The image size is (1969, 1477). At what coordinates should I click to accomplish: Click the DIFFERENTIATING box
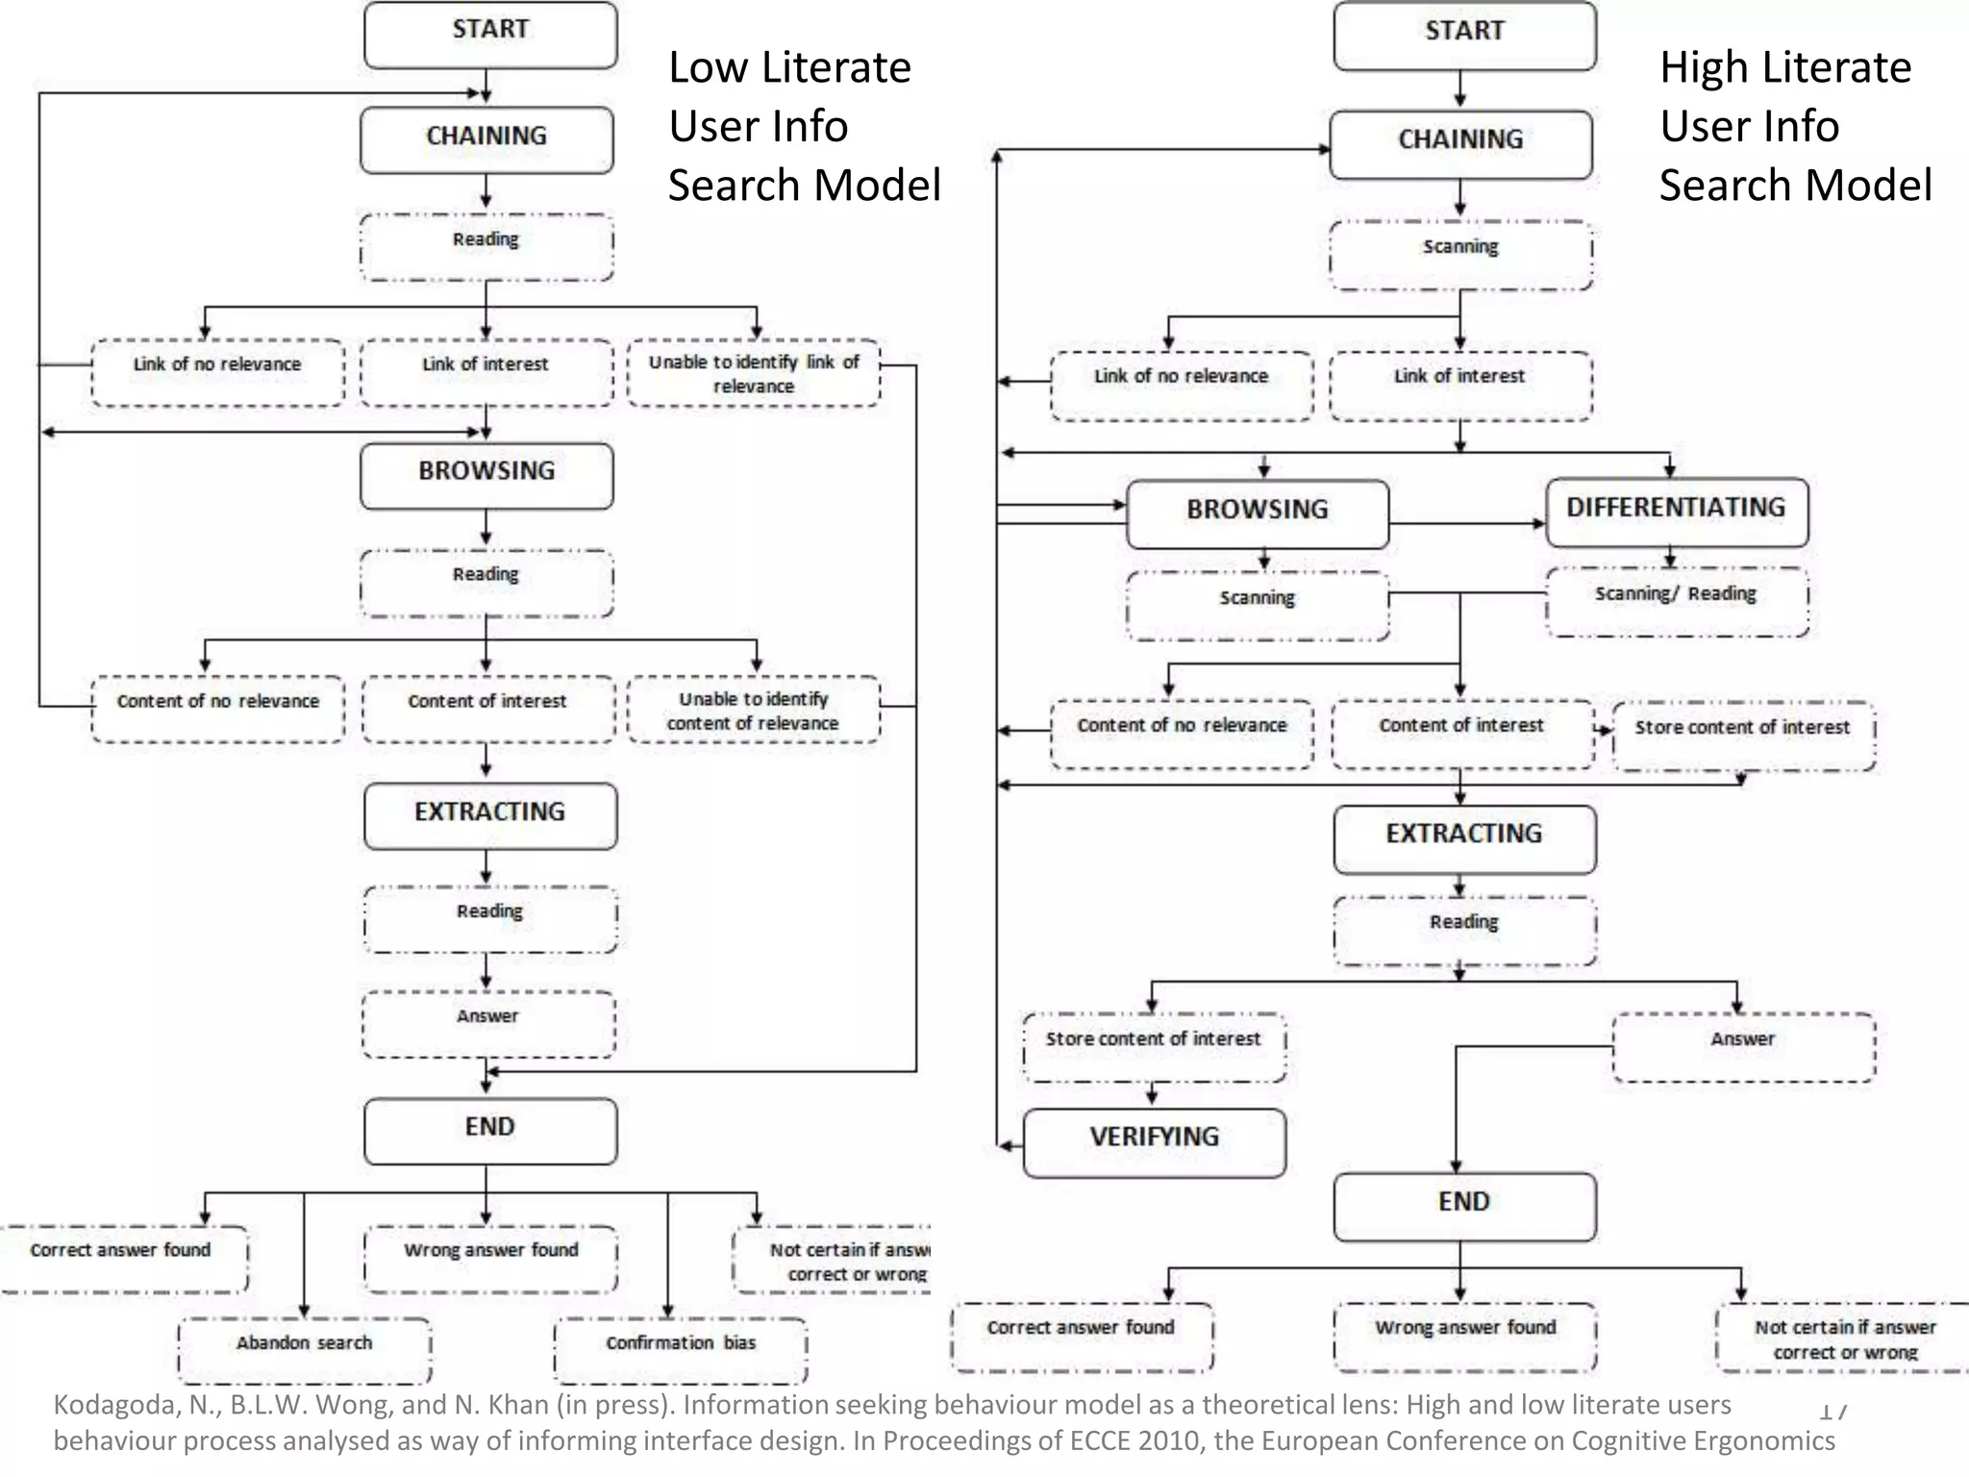[1676, 511]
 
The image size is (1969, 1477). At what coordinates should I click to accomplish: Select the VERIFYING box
[1154, 1141]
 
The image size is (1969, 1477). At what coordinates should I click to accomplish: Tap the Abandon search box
[304, 1348]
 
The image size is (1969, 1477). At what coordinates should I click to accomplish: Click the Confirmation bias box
[680, 1348]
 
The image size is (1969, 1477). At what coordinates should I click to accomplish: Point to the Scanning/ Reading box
[1676, 600]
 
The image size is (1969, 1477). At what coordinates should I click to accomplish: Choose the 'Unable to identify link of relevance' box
[753, 373]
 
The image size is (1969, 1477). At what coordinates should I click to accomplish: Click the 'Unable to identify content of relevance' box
[753, 710]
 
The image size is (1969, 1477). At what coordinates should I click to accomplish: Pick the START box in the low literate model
[490, 34]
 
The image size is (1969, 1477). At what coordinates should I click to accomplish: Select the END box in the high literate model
[1463, 1206]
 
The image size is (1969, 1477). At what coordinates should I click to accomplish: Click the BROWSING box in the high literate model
[1257, 513]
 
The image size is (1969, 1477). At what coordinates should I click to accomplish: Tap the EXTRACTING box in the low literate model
[490, 814]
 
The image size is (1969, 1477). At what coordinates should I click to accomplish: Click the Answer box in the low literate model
[487, 1023]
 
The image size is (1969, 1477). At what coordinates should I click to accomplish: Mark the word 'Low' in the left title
[707, 68]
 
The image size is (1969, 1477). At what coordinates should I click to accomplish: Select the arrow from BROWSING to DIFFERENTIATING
[1466, 524]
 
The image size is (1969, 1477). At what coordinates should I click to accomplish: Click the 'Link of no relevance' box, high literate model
[1181, 385]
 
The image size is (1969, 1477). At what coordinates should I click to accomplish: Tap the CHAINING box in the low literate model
[486, 139]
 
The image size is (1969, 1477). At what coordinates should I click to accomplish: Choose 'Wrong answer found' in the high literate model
[1464, 1335]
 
